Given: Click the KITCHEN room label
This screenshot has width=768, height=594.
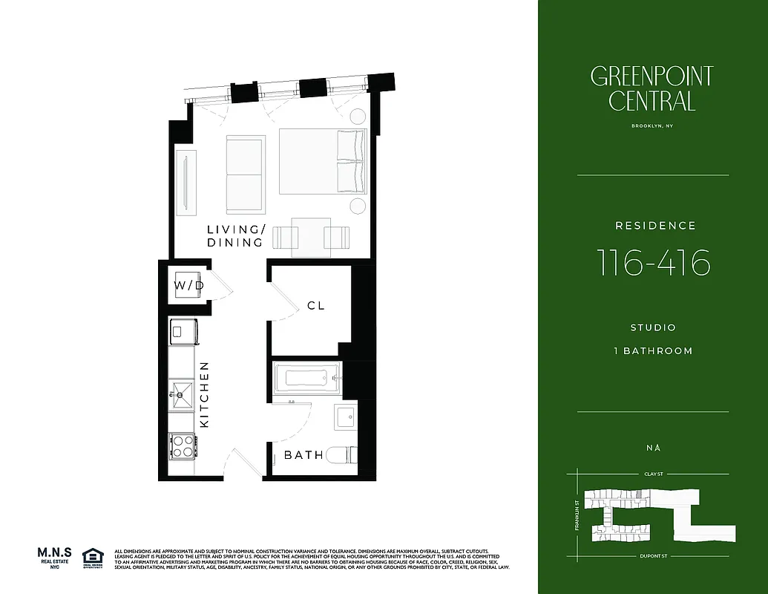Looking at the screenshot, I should coord(206,394).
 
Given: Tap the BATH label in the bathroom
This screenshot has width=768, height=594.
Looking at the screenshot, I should coord(304,454).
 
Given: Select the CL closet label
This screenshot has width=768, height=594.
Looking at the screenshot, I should coord(316,305).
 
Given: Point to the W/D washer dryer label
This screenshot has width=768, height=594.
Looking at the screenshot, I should coord(188,285).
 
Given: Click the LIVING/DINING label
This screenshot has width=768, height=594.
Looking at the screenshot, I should coord(234,236).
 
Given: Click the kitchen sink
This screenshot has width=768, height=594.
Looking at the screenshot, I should coord(182,392).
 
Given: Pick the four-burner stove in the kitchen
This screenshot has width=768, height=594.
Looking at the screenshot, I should coord(182,445).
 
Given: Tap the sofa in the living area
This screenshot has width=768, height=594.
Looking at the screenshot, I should coord(246,174).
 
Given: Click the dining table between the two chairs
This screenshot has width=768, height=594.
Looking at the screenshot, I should coord(311,237).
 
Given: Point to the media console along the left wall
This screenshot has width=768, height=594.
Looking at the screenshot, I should coord(186,180).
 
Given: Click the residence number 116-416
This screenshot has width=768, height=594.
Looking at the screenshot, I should coord(653,263).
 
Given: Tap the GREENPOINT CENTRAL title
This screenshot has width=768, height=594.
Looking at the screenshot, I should coord(652,88).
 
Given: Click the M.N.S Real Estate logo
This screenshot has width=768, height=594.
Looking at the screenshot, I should coord(55,558).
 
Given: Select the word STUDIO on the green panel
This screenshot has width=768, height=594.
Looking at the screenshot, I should coord(653,327).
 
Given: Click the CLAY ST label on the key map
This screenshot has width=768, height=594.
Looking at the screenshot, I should coord(653,473).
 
